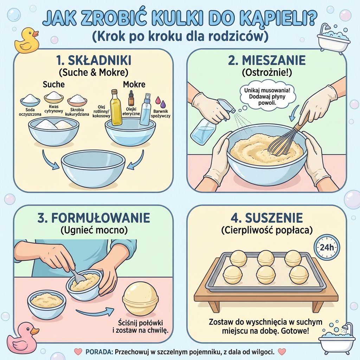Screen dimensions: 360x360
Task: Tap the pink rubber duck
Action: point(22,338)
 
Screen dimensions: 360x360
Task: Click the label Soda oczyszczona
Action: point(30,112)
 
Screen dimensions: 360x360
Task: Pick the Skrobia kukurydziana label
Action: point(78,112)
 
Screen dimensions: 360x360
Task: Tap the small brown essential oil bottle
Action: point(131,98)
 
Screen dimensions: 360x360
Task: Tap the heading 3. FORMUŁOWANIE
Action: point(94,218)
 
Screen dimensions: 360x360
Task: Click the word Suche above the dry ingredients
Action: point(53,85)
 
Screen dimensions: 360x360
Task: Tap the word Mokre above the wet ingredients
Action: point(134,85)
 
